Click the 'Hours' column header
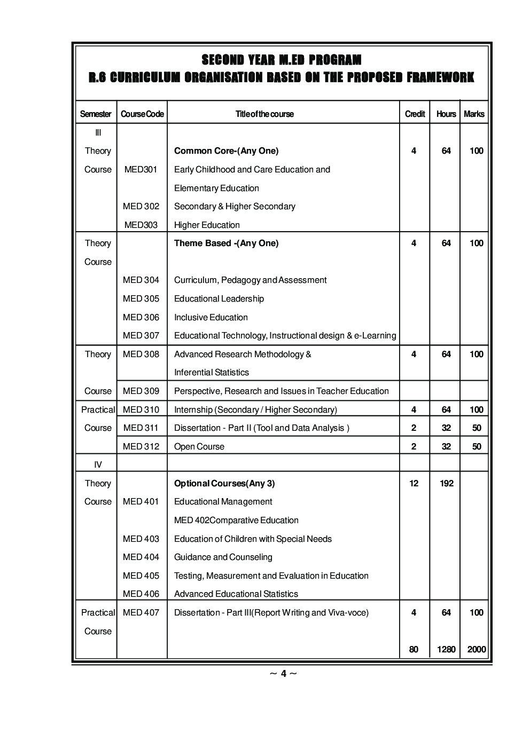point(446,114)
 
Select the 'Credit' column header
point(415,114)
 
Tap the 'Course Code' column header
point(142,114)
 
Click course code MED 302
point(141,206)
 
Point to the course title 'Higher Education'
point(207,225)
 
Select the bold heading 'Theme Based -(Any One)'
point(226,243)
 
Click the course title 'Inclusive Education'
point(211,317)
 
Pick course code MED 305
point(141,298)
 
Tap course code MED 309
point(141,391)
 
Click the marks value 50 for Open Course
point(476,446)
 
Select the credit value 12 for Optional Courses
point(414,483)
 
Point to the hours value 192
point(446,483)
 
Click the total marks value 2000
point(476,649)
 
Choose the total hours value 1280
point(446,649)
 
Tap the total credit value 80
point(414,649)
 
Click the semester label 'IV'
point(98,464)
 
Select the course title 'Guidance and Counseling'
point(223,557)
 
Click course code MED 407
point(141,612)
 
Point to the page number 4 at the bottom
point(283,674)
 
